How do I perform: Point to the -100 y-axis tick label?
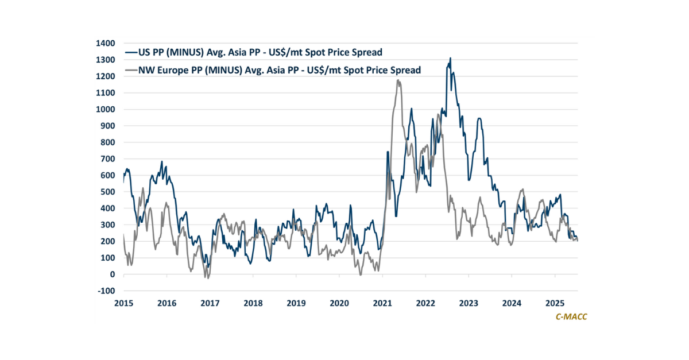coord(106,291)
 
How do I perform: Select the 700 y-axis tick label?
coord(109,159)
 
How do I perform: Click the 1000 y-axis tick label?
coord(107,109)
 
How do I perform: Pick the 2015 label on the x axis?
coord(123,303)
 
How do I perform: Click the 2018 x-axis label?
coord(253,303)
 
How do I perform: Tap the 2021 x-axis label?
coord(382,303)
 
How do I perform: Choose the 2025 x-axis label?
coord(555,303)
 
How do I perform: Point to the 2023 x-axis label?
coord(469,303)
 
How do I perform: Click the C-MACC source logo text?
coord(567,316)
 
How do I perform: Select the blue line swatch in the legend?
coord(131,52)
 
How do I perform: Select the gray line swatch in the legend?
coord(131,70)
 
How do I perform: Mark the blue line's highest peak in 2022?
coord(450,58)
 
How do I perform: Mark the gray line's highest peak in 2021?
coord(398,80)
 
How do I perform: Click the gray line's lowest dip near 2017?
coord(207,278)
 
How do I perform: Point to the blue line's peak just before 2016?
coord(162,162)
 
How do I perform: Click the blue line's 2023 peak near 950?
coord(479,118)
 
